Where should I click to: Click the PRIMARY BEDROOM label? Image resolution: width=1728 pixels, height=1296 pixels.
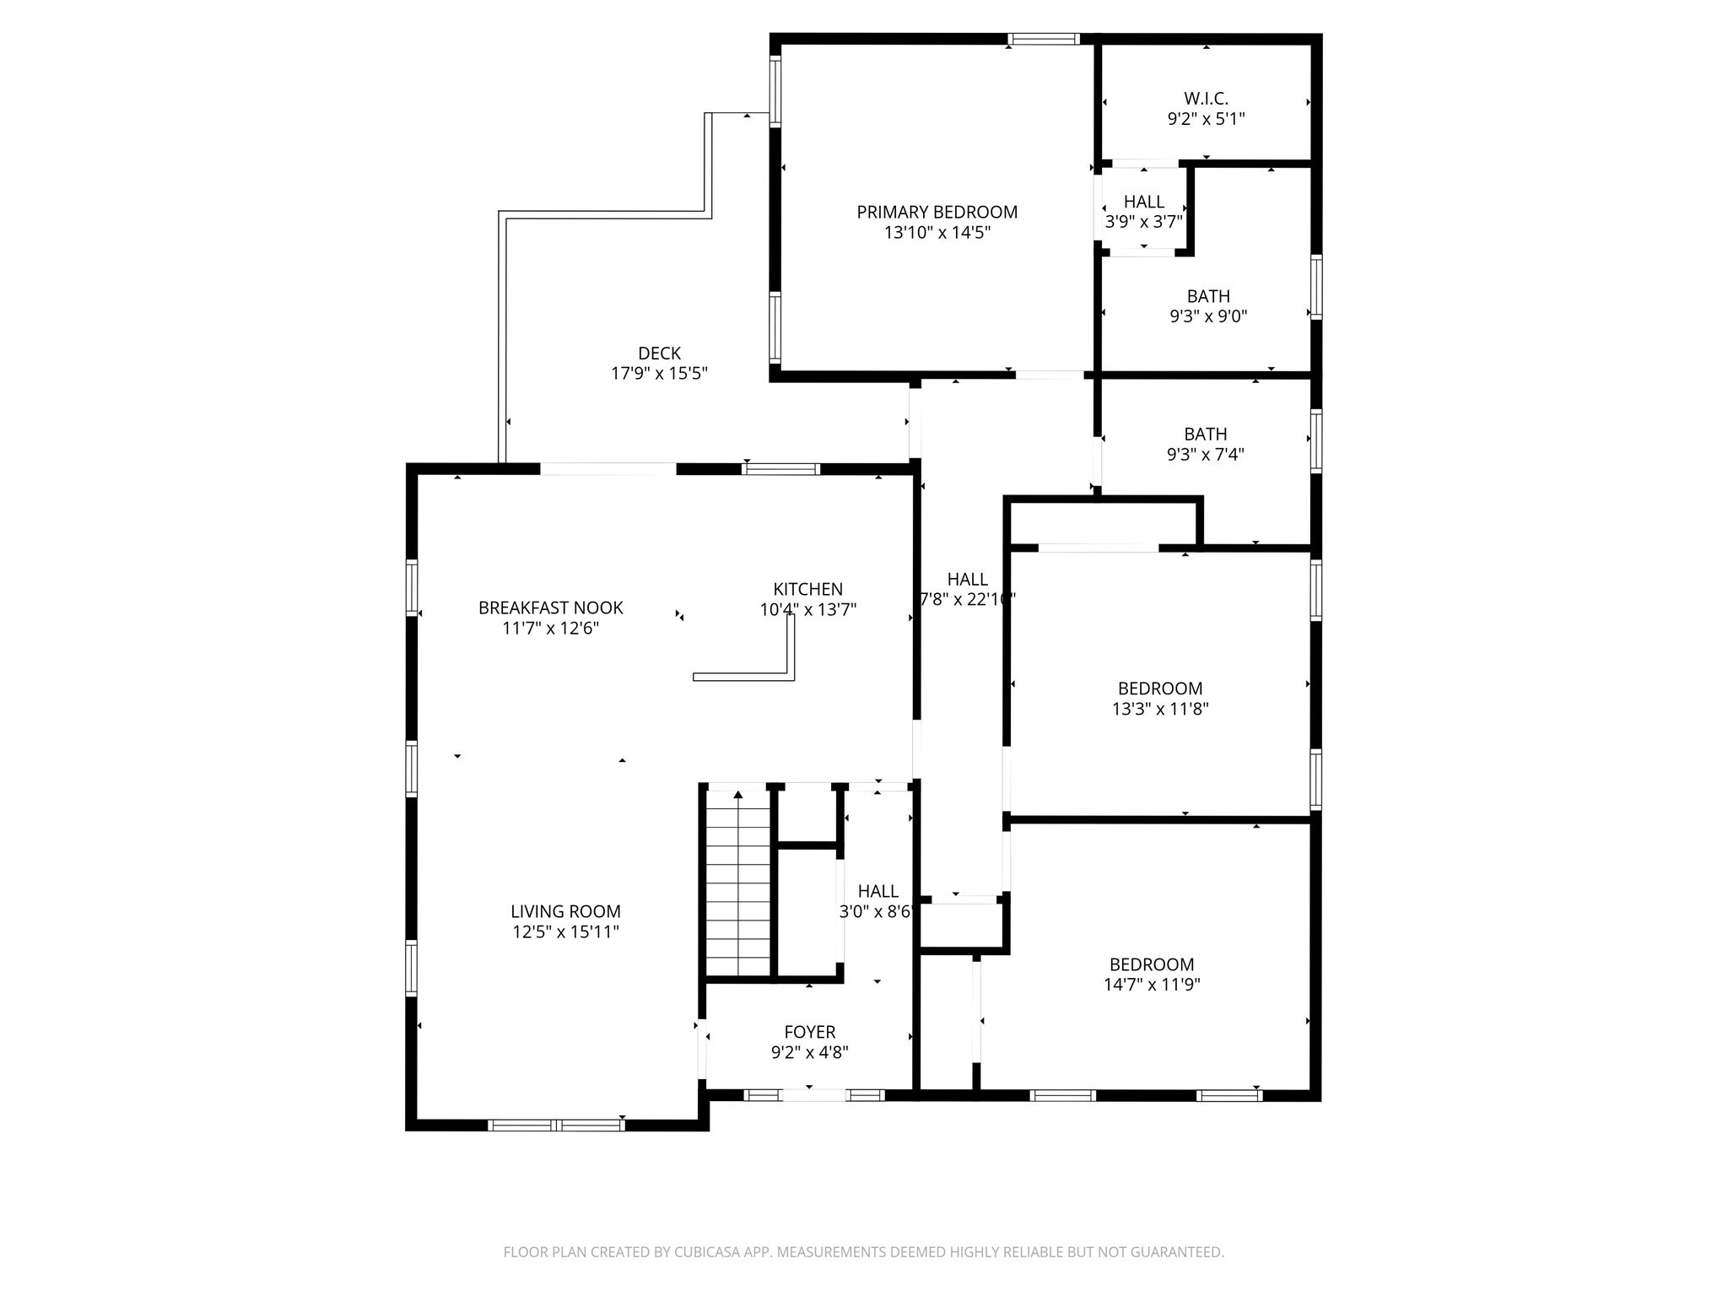pyautogui.click(x=937, y=212)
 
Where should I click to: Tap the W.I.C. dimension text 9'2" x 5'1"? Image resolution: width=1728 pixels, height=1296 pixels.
pyautogui.click(x=1206, y=119)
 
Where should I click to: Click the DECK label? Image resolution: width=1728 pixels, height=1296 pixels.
pyautogui.click(x=659, y=354)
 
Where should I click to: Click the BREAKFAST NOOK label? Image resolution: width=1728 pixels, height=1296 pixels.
pyautogui.click(x=550, y=607)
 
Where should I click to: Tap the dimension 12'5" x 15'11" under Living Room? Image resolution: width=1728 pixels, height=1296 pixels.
pyautogui.click(x=564, y=931)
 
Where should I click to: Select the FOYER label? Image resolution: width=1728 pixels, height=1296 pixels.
pyautogui.click(x=809, y=1031)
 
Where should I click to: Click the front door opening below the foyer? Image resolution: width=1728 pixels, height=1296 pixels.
pyautogui.click(x=814, y=1095)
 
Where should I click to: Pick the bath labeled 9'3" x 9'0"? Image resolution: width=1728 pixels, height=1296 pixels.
pyautogui.click(x=1207, y=306)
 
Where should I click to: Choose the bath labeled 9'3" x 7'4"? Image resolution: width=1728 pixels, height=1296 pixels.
pyautogui.click(x=1205, y=444)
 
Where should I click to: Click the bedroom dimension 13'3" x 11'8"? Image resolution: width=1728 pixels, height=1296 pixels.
pyautogui.click(x=1160, y=709)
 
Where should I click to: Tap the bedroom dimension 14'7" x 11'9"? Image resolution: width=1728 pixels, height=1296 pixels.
pyautogui.click(x=1152, y=984)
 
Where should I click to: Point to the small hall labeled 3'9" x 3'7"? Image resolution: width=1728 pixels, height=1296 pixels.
pyautogui.click(x=1143, y=211)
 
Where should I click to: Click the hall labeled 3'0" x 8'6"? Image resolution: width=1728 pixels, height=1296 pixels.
pyautogui.click(x=877, y=901)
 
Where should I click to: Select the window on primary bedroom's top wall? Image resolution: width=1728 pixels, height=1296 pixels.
pyautogui.click(x=1044, y=39)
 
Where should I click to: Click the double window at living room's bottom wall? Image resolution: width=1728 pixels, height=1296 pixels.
pyautogui.click(x=556, y=1124)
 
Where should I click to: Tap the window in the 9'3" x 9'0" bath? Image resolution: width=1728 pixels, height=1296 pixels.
pyautogui.click(x=1315, y=288)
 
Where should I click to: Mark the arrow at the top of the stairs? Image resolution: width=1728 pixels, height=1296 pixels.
pyautogui.click(x=738, y=794)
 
